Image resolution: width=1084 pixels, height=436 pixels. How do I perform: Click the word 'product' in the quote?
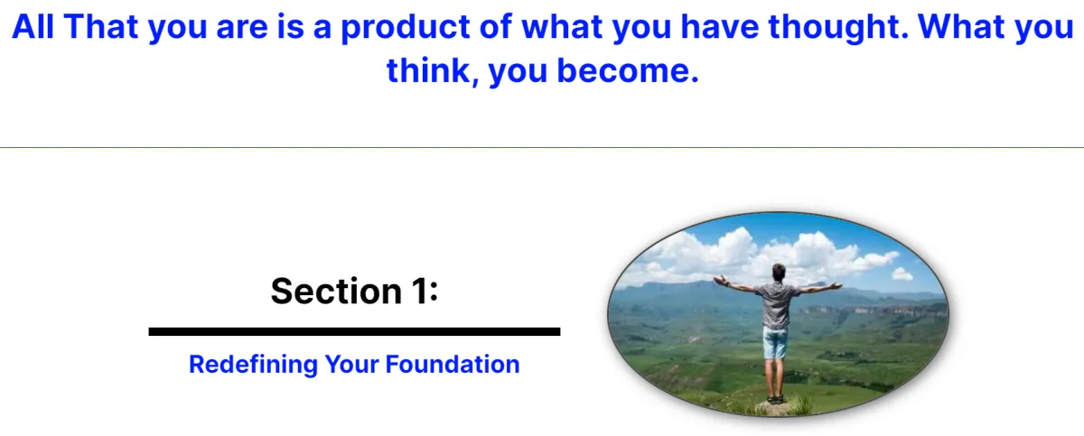[x=406, y=28]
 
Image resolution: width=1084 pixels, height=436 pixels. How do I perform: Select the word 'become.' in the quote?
[x=628, y=70]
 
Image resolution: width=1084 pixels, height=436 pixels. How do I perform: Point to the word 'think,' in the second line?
[x=433, y=71]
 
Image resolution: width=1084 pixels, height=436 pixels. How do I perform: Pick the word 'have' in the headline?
[x=720, y=27]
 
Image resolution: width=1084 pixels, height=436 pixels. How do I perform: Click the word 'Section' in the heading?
[x=336, y=291]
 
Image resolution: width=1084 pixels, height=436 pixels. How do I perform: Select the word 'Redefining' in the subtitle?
[x=253, y=364]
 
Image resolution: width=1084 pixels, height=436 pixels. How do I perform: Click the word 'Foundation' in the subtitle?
[x=453, y=364]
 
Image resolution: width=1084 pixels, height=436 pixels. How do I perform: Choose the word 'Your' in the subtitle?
[x=351, y=364]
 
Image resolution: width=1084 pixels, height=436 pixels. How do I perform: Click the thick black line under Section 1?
[x=354, y=331]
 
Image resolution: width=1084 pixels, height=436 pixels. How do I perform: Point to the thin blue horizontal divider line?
[x=542, y=147]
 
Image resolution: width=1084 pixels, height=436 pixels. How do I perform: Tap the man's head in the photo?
[x=778, y=272]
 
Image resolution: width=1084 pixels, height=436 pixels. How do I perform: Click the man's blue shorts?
[x=775, y=342]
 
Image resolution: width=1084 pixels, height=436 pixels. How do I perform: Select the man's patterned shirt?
[x=776, y=304]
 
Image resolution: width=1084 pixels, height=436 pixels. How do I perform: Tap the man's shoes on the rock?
[x=775, y=399]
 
